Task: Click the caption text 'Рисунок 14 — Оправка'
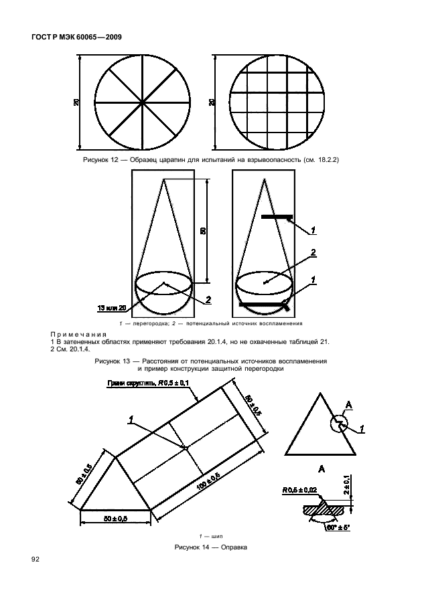[x=210, y=547]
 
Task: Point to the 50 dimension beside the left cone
[x=202, y=231]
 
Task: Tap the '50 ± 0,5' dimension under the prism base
[x=115, y=519]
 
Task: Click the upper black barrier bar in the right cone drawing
[x=277, y=217]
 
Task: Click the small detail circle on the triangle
[x=339, y=422]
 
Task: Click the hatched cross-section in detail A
[x=325, y=509]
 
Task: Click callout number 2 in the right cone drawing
[x=312, y=253]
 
